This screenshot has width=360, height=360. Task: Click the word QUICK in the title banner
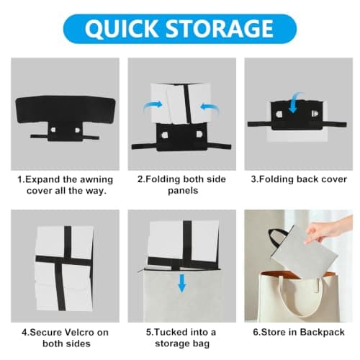point(121,29)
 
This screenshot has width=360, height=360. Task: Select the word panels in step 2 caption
point(183,191)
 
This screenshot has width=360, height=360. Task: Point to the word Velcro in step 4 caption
point(80,333)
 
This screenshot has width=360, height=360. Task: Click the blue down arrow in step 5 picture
point(182,283)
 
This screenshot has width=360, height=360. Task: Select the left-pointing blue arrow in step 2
point(210,107)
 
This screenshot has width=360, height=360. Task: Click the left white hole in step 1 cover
point(53,130)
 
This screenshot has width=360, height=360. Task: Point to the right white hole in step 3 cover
point(315,113)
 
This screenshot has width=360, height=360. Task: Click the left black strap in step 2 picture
point(144,146)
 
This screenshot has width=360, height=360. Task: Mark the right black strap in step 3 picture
point(336,125)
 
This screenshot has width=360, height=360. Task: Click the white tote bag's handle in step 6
point(301,299)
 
